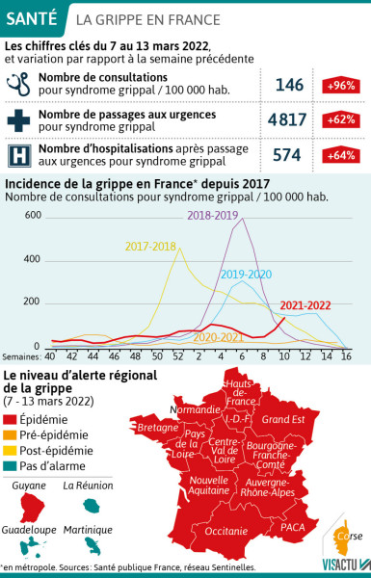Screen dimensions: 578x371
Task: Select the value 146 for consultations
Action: (x=289, y=86)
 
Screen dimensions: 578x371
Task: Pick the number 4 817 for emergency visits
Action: (x=289, y=121)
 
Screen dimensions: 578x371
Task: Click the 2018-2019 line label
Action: (x=214, y=215)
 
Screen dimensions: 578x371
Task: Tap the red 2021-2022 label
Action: (x=305, y=305)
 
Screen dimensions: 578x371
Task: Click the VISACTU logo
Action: (x=338, y=566)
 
